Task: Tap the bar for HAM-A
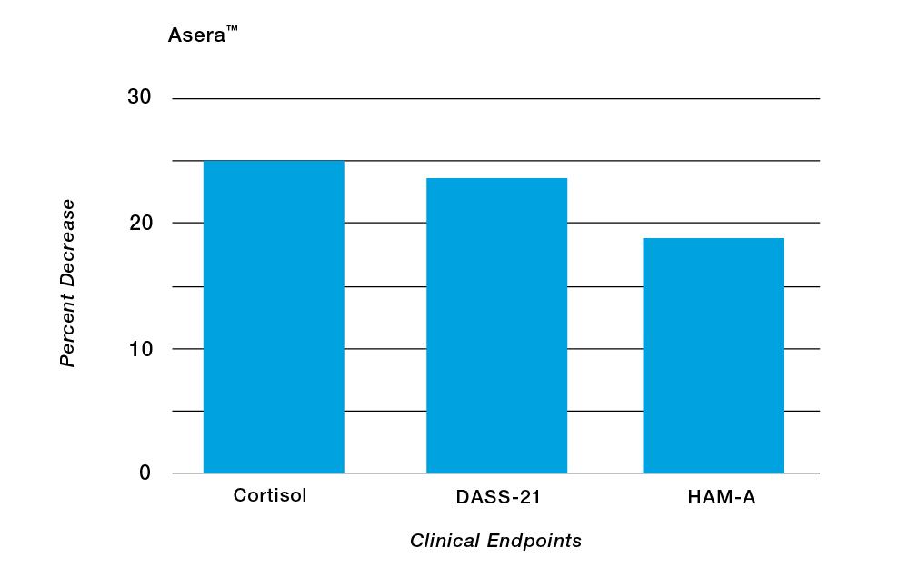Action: tap(713, 355)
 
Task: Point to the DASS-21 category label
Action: tap(497, 497)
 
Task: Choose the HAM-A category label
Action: tap(713, 497)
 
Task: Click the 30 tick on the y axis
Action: tap(138, 97)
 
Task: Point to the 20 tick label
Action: tap(138, 223)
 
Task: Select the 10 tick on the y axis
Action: tap(138, 348)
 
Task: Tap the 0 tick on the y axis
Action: tap(145, 473)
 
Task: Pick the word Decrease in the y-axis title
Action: tap(67, 238)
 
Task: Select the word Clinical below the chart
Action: tap(444, 542)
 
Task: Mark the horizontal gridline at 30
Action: tap(495, 98)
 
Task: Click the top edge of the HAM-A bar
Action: tap(713, 239)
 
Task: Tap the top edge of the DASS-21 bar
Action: tap(496, 179)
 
